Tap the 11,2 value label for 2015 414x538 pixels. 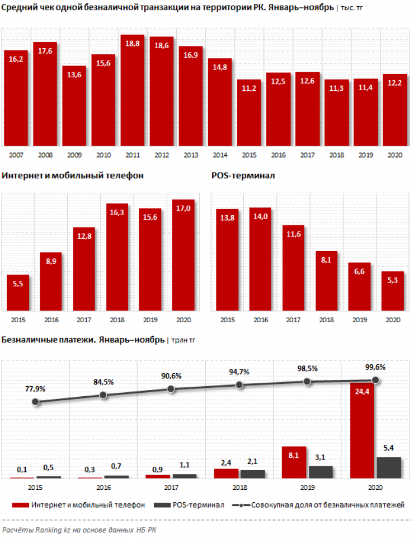tap(248, 88)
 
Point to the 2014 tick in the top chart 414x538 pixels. tap(219, 154)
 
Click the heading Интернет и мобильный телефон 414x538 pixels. tap(73, 175)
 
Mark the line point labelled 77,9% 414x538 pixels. tap(36, 402)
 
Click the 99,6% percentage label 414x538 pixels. tap(375, 368)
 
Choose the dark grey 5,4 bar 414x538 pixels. tap(389, 467)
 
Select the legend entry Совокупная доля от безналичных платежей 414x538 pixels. tap(327, 505)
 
